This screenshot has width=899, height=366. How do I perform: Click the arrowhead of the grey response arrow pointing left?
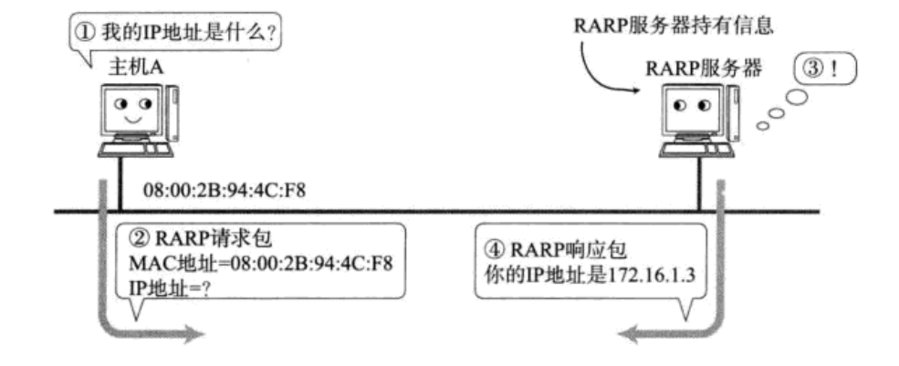click(x=630, y=335)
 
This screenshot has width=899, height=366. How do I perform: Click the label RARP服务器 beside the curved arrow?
click(x=704, y=67)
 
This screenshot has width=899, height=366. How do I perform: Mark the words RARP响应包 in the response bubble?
click(x=550, y=248)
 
